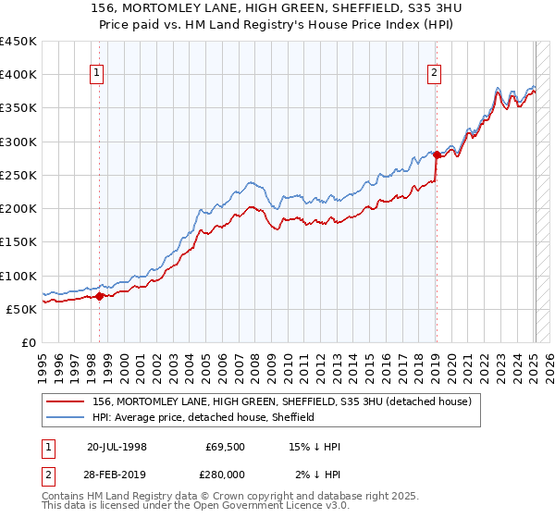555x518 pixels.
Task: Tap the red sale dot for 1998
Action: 100,296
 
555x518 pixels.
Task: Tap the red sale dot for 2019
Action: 436,154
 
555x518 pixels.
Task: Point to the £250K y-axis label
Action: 18,175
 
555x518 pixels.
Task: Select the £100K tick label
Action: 18,276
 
